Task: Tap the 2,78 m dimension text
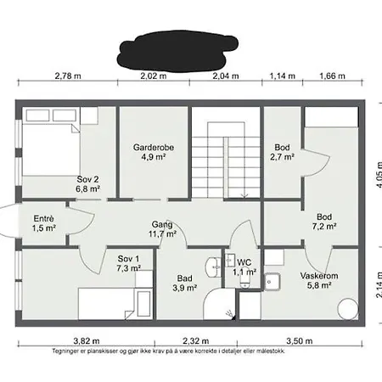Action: pos(67,76)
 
